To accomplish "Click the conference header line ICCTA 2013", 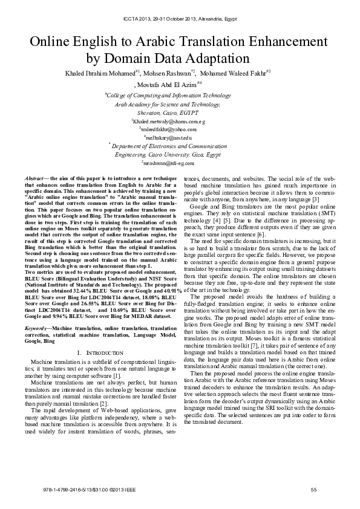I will coord(179,19).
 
